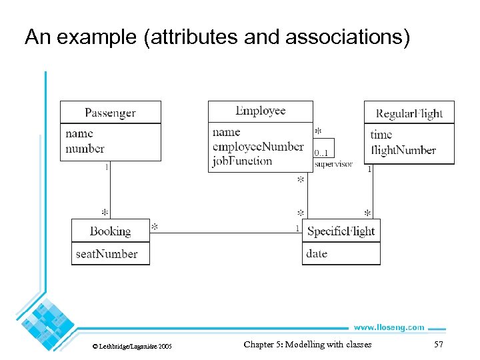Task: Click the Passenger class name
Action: coord(110,113)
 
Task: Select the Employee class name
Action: coord(260,111)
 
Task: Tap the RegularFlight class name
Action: coord(409,113)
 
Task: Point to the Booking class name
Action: coord(110,231)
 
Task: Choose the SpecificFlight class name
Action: coord(341,231)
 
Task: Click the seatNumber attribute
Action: coord(107,254)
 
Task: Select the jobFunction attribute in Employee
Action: coord(242,161)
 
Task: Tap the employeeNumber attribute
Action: coord(258,147)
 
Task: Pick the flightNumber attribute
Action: coord(403,150)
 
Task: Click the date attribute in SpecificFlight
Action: coord(317,253)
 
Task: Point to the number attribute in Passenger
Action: coord(85,149)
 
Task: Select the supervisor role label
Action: coord(333,164)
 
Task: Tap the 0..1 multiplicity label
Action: coord(321,153)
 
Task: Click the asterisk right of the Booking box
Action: coord(155,227)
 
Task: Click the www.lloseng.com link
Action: coord(388,327)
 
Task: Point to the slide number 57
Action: coord(438,344)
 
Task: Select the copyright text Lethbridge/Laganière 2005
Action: coord(131,347)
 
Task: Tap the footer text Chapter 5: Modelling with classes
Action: coord(307,344)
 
